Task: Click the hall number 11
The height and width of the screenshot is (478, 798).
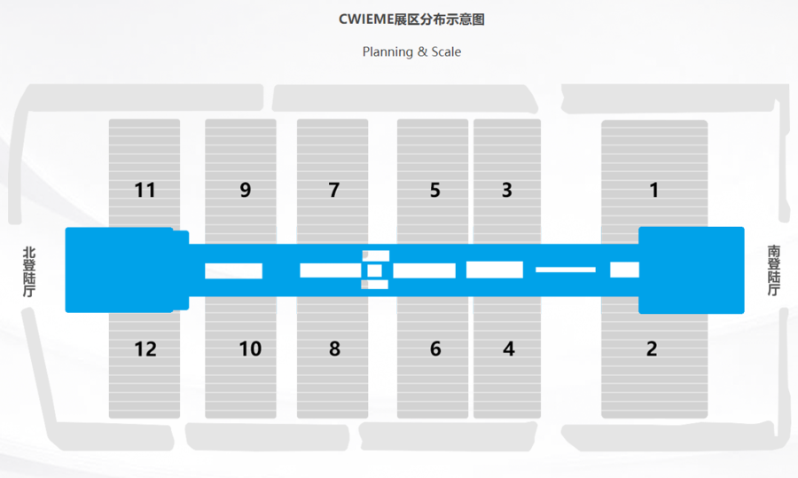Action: (145, 190)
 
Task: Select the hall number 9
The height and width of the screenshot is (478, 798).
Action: (246, 190)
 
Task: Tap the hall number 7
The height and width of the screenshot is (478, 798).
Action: (334, 190)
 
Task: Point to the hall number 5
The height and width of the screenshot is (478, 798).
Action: (434, 190)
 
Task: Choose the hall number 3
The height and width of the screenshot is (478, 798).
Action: (507, 190)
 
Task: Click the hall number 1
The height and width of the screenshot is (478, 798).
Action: (654, 190)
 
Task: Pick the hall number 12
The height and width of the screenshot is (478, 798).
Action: (145, 349)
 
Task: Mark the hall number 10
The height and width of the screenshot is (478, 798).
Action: (250, 349)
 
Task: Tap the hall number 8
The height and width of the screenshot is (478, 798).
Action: (334, 349)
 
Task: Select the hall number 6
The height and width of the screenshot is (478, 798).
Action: (435, 349)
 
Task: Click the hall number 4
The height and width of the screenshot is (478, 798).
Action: (508, 349)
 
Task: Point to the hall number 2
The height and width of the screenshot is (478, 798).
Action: (652, 349)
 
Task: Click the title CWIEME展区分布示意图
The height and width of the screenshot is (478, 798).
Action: (411, 19)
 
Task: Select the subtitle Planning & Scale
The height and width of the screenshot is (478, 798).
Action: (411, 51)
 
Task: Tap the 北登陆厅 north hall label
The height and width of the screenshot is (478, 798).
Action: (29, 271)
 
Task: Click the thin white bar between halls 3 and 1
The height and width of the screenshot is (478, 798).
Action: (566, 269)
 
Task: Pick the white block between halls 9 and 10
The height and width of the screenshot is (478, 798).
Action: (234, 270)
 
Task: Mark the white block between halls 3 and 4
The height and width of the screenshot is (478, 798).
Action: (495, 270)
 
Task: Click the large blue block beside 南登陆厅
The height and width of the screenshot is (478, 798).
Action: (692, 270)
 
